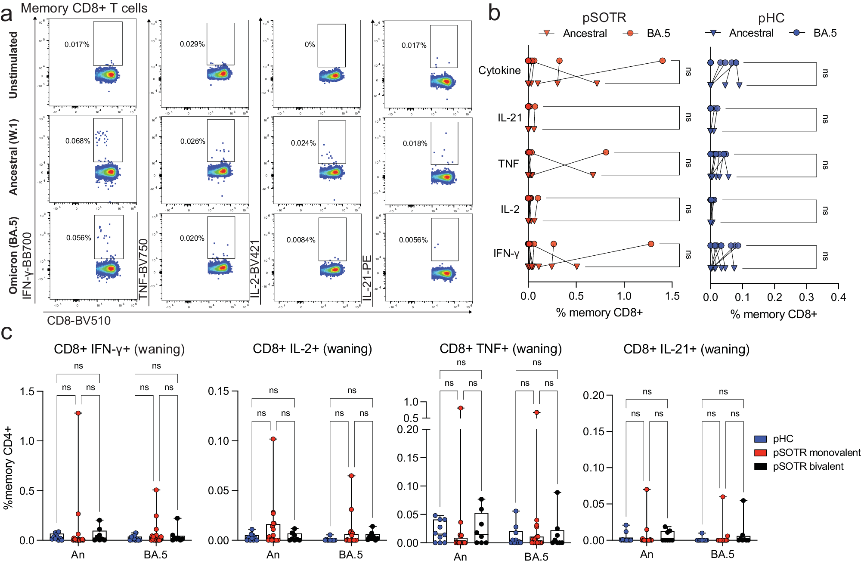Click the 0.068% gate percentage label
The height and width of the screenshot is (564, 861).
point(77,141)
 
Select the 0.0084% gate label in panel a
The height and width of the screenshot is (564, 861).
point(301,240)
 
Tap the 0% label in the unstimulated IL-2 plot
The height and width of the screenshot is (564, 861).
point(310,45)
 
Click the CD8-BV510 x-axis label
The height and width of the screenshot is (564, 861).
point(79,321)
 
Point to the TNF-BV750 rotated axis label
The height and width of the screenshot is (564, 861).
point(143,269)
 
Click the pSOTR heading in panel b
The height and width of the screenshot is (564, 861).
point(604,18)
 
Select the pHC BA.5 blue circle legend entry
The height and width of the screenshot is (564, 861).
point(814,33)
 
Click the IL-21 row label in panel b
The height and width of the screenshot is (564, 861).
point(510,118)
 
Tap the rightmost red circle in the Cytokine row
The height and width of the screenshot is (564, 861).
point(663,61)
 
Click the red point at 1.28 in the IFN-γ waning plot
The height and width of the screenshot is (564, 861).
point(78,413)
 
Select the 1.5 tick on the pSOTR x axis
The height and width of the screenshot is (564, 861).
point(672,297)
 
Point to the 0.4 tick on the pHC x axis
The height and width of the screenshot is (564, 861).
point(838,297)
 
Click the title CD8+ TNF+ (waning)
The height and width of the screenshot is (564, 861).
point(500,349)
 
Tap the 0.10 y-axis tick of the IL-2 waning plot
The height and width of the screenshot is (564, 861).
point(218,441)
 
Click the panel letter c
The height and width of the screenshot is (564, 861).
point(7,333)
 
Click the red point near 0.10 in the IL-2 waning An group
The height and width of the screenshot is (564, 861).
point(273,439)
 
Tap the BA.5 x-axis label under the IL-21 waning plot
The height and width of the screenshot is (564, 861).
point(722,555)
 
